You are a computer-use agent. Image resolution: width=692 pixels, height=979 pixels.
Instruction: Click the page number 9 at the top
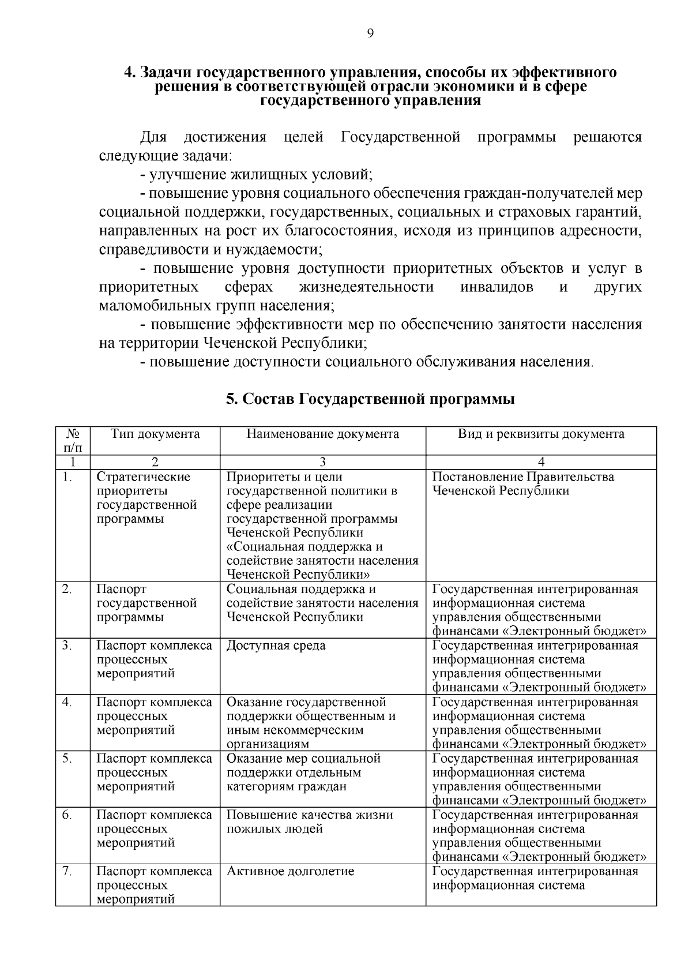tap(370, 33)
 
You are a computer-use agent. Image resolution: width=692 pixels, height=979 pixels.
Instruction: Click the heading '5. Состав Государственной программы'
tap(370, 399)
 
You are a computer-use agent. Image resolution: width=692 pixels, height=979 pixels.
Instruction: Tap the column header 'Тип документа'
tap(155, 434)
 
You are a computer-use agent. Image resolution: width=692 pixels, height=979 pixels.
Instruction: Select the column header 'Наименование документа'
tap(322, 434)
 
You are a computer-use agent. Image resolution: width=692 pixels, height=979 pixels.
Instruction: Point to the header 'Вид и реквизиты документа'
tap(541, 434)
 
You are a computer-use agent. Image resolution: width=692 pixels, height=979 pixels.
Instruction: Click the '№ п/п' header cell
tap(73, 441)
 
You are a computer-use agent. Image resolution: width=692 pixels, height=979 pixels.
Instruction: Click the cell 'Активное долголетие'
tap(290, 871)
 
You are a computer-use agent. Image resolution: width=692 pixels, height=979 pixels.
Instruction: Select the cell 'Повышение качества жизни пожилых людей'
tap(310, 822)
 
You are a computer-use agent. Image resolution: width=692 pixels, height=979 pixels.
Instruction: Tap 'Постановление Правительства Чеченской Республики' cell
tap(523, 484)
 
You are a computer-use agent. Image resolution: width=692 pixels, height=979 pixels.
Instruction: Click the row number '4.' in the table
tap(67, 702)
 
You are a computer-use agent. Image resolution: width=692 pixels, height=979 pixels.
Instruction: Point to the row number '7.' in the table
tap(67, 871)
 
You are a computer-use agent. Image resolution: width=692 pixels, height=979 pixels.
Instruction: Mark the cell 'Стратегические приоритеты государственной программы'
tap(147, 498)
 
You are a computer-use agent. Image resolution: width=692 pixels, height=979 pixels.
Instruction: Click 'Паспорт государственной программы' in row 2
tap(147, 603)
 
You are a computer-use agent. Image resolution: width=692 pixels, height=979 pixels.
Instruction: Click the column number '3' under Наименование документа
tap(322, 462)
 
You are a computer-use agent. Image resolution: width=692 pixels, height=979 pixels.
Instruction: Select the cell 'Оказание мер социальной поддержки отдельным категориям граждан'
tap(303, 772)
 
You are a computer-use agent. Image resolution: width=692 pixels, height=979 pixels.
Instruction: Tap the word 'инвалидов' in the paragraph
tap(497, 287)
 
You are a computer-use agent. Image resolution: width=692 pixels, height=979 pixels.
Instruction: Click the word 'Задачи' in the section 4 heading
tap(166, 73)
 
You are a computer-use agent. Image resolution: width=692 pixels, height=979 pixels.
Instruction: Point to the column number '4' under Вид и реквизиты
tap(541, 462)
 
